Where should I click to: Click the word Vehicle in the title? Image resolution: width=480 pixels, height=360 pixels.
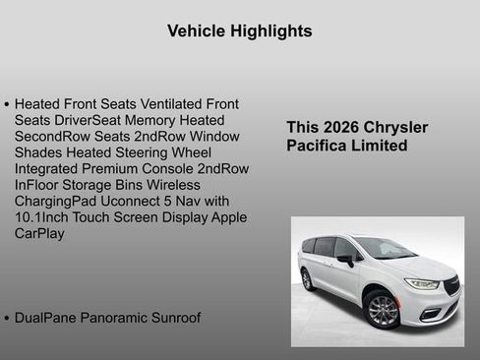tap(196, 31)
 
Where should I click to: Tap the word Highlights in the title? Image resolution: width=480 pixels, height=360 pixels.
tap(270, 31)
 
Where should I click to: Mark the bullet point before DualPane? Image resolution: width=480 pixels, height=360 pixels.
tap(7, 319)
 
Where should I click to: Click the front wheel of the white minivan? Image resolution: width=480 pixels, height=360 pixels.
tap(383, 310)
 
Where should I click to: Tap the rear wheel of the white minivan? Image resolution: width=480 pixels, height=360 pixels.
tap(308, 279)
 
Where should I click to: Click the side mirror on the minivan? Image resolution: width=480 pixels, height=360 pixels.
tap(345, 261)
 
